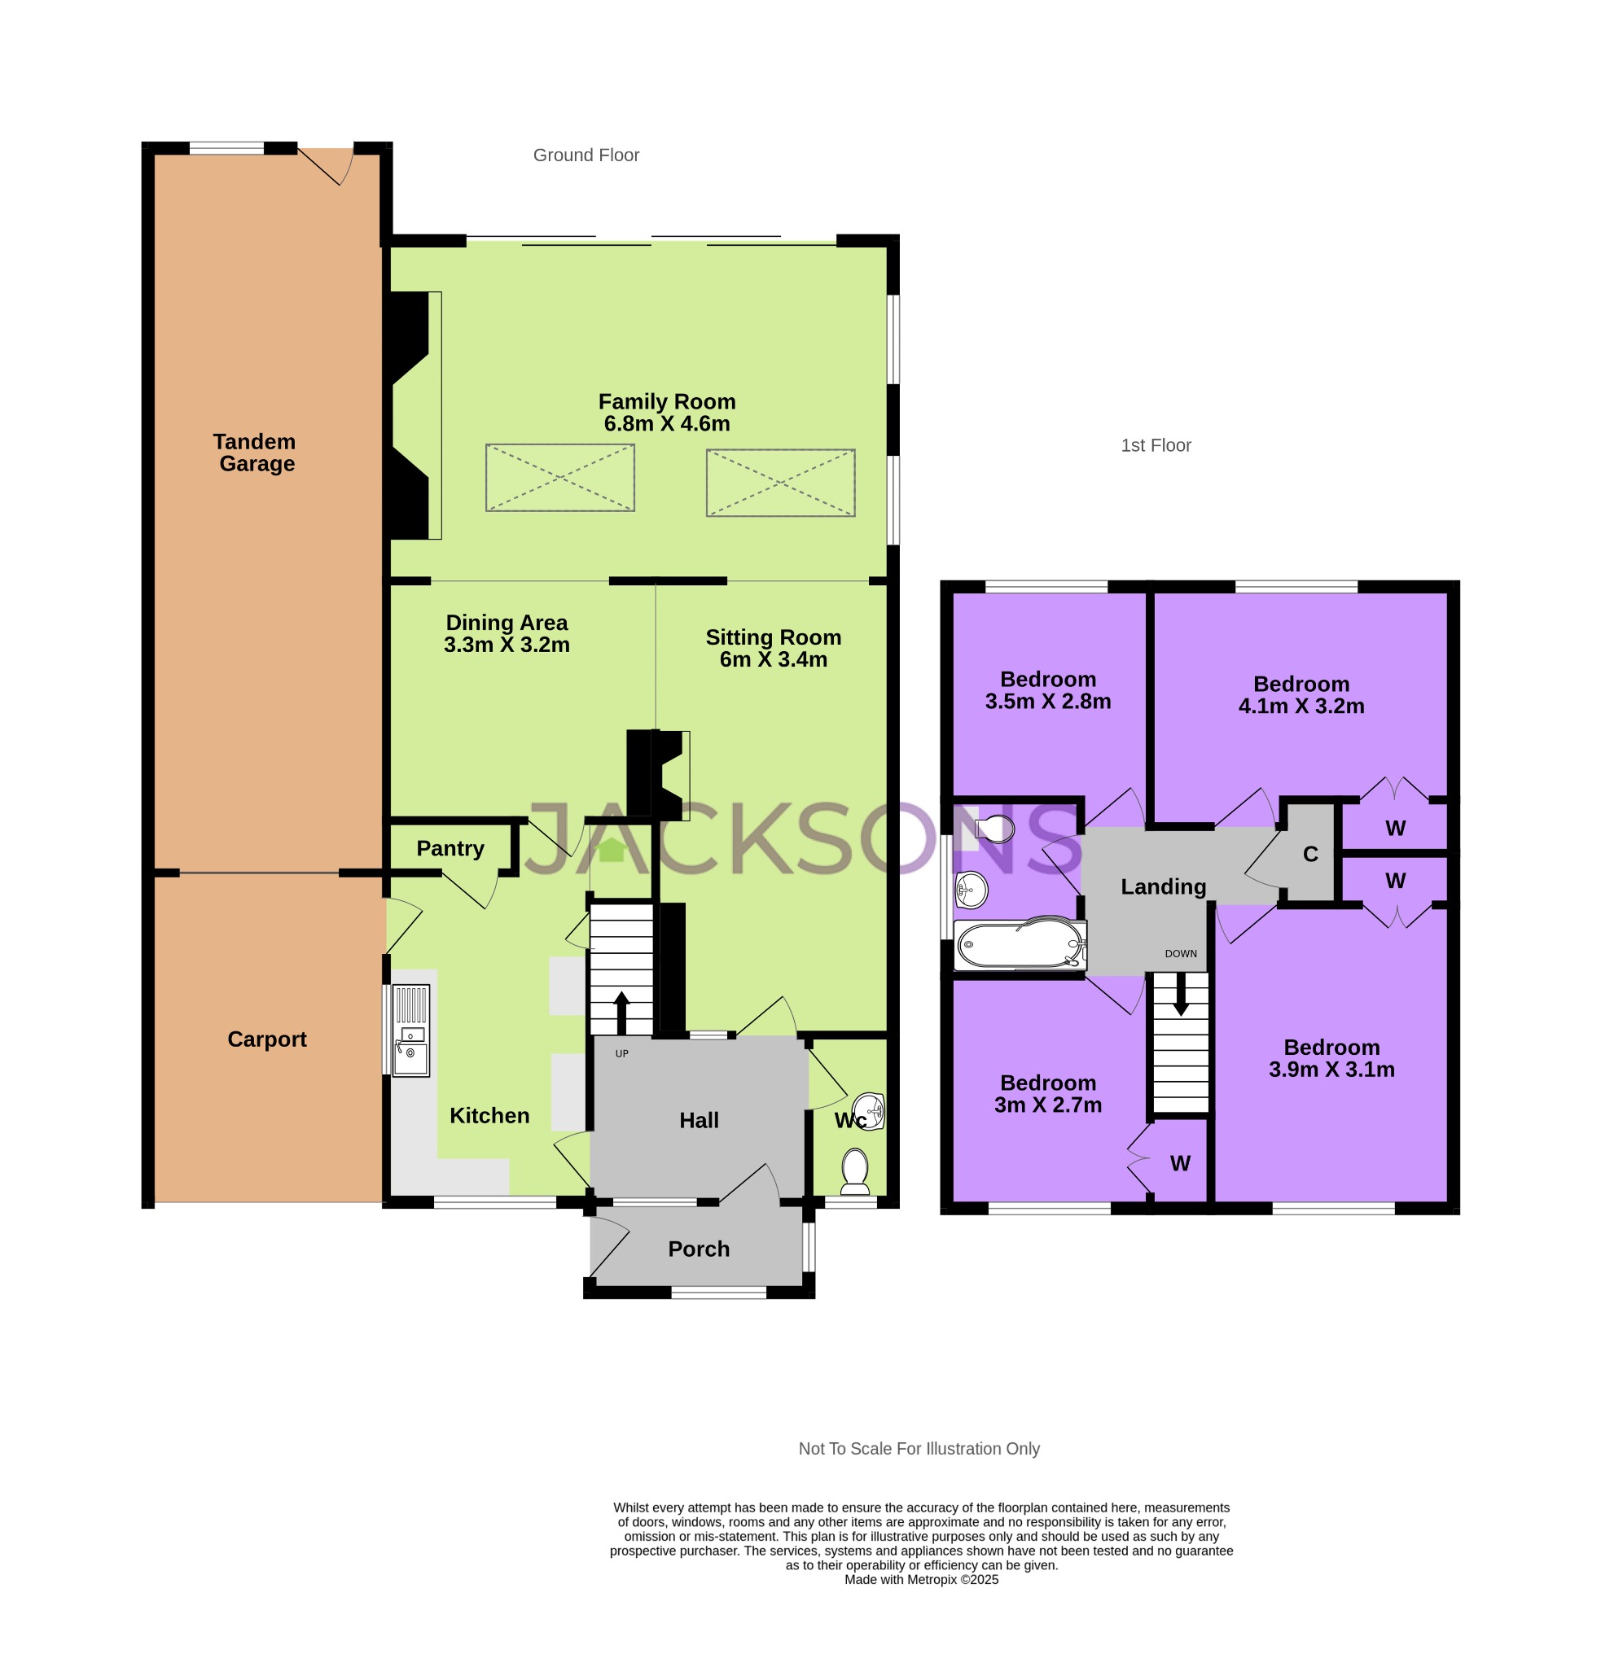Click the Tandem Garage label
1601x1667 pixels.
(254, 453)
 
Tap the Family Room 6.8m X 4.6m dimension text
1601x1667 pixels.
(666, 423)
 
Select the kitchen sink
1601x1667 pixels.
(411, 1039)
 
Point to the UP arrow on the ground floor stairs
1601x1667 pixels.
(621, 1011)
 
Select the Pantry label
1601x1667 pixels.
(450, 848)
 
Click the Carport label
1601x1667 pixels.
(266, 1039)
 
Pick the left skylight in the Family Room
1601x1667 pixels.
(559, 477)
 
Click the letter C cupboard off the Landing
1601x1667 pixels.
(1309, 854)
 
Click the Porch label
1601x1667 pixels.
(698, 1249)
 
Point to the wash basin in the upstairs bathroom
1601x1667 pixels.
(970, 890)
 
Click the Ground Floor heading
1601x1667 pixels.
(586, 155)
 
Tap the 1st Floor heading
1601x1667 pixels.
(1155, 444)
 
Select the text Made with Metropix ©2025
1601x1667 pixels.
(920, 1579)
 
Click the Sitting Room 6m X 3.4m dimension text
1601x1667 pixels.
(773, 659)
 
